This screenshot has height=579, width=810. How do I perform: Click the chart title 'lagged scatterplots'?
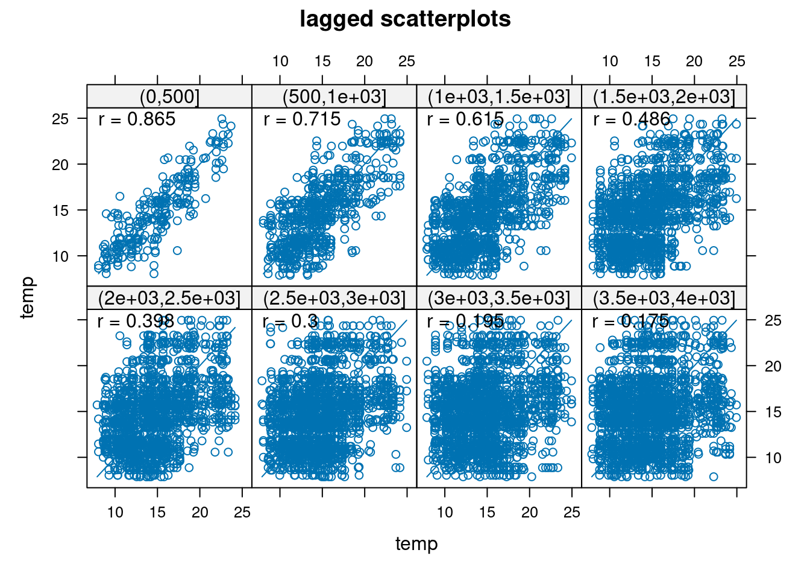click(x=405, y=19)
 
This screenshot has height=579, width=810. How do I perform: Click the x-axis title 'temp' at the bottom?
click(x=416, y=544)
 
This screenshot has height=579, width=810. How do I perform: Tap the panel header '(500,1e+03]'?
click(x=334, y=96)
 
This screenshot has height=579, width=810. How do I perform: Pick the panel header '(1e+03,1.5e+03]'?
click(x=499, y=96)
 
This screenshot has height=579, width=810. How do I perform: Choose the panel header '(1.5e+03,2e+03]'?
click(x=664, y=96)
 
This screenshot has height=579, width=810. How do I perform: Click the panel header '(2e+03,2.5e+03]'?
click(x=169, y=298)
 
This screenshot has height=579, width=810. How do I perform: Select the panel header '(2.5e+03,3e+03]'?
click(x=334, y=298)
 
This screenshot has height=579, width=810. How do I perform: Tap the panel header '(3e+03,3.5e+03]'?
click(x=499, y=298)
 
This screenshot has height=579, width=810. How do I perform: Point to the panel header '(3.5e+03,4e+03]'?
click(x=664, y=298)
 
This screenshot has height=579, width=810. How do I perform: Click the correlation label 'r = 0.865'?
click(x=137, y=119)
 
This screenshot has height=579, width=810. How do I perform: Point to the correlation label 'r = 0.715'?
click(x=302, y=119)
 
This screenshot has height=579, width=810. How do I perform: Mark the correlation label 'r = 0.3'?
click(x=290, y=321)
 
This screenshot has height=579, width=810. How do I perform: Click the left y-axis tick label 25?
click(x=60, y=119)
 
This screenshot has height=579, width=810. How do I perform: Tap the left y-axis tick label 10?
click(x=60, y=256)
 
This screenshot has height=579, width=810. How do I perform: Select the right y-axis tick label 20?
click(x=773, y=366)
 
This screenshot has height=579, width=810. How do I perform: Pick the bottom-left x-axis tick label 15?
click(x=157, y=513)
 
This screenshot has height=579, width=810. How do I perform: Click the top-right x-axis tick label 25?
click(x=737, y=61)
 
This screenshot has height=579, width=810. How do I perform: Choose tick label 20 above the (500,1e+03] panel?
click(x=365, y=61)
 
